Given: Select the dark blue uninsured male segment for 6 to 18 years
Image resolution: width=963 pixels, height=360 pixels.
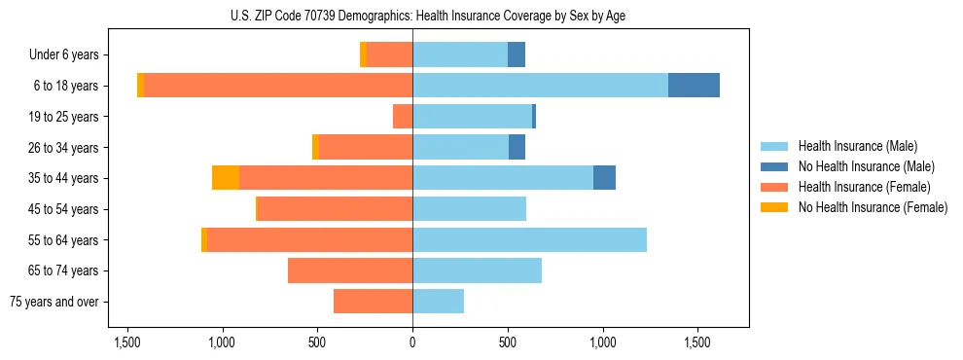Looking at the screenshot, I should tap(694, 86).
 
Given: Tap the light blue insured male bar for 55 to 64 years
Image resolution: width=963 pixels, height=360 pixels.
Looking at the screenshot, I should tap(529, 239).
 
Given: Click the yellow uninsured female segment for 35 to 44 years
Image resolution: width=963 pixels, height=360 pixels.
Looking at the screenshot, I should tap(226, 178).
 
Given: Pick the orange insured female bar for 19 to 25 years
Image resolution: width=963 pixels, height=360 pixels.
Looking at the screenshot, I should tap(403, 117).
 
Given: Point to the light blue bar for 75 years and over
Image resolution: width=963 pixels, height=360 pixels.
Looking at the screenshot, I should tap(438, 302).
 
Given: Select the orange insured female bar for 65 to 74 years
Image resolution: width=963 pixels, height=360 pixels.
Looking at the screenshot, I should tap(350, 270).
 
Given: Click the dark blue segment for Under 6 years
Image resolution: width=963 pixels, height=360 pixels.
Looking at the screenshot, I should tap(517, 54).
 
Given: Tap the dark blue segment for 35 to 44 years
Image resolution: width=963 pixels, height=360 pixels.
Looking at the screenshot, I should tap(604, 178).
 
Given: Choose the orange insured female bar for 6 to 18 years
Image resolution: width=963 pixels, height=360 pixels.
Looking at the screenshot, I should tap(278, 86).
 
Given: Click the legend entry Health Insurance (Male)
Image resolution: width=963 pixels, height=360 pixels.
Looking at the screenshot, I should tap(857, 146).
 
